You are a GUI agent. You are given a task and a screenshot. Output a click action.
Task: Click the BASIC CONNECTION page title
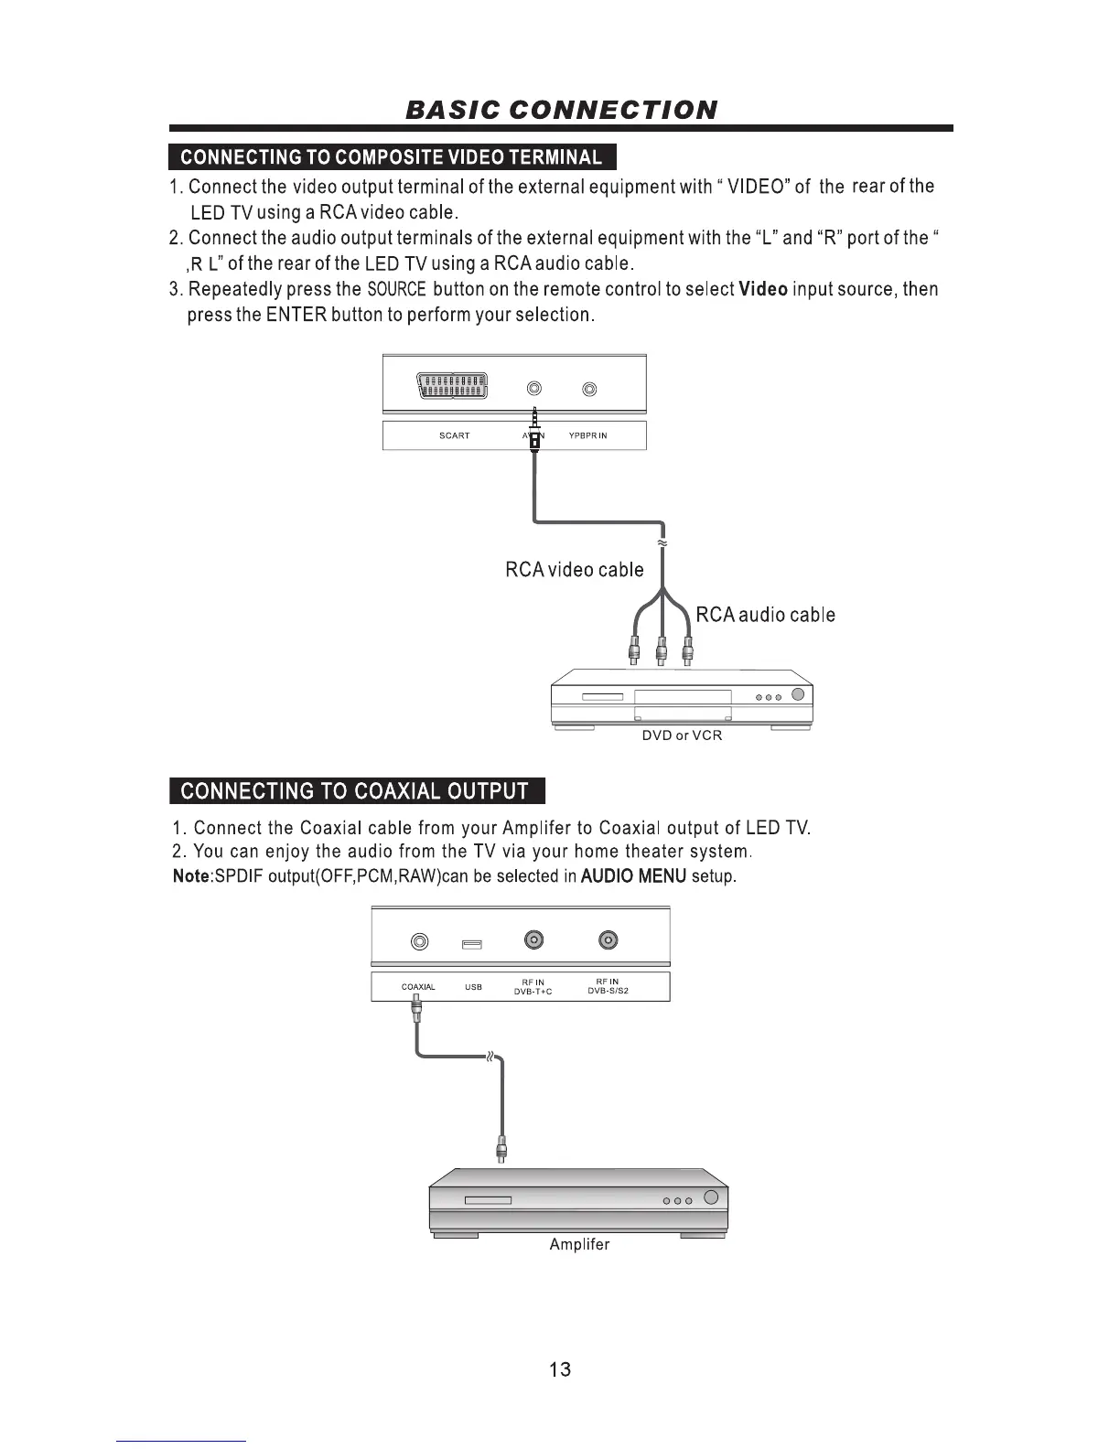coord(561,110)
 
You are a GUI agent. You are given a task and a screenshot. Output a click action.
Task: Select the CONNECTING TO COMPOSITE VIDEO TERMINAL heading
coord(392,157)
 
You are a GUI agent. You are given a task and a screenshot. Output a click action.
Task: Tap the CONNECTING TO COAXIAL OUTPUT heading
coord(355,791)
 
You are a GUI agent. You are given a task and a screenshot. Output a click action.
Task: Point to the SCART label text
coord(454,436)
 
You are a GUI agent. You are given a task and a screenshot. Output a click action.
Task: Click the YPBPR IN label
coord(587,436)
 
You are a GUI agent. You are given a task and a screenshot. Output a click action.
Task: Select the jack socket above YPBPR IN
coord(589,390)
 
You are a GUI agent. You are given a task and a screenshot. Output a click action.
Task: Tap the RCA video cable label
coord(574,570)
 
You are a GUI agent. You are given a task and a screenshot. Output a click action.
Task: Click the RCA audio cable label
coord(765,615)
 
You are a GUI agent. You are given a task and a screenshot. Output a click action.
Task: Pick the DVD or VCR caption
coord(682,736)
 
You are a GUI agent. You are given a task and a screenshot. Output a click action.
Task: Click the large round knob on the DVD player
coord(797,694)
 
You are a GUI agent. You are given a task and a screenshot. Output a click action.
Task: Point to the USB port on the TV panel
coord(472,943)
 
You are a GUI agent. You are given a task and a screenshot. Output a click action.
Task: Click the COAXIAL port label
coord(418,988)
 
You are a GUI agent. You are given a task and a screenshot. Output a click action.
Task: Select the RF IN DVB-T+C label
coord(533,987)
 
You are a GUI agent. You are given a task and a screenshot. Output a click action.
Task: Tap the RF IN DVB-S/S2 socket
coord(608,939)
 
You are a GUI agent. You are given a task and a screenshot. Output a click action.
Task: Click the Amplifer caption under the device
coord(579,1245)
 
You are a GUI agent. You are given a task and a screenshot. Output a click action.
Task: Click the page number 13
coord(560,1369)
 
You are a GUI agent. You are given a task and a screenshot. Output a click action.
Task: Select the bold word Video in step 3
coord(763,290)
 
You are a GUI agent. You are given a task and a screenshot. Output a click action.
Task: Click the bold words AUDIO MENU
coord(633,876)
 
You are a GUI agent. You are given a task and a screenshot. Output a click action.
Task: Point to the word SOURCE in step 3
coord(396,290)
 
